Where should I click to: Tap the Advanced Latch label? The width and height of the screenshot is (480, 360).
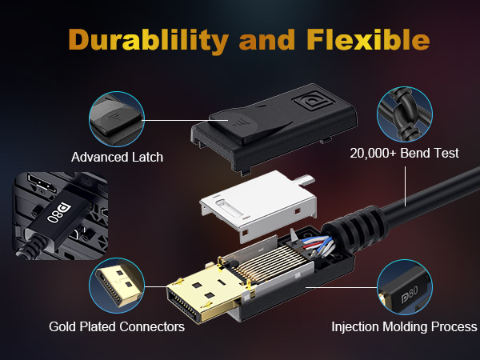coord(117,157)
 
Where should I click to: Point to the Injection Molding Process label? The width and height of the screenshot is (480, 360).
coord(404,326)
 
